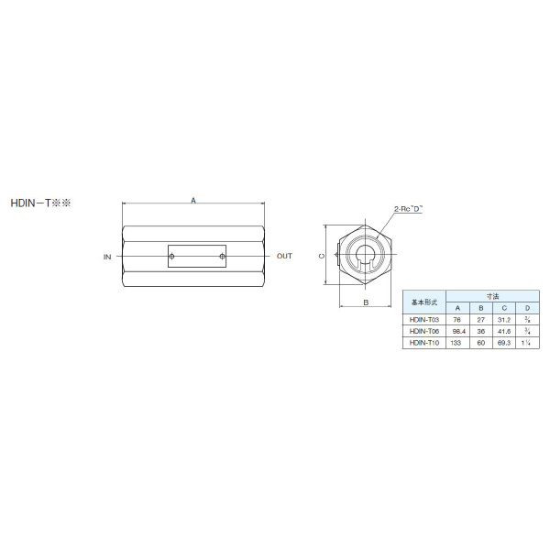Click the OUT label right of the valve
(x=285, y=258)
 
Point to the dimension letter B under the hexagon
(x=365, y=301)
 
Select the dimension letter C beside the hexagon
(x=321, y=258)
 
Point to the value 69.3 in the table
(x=503, y=342)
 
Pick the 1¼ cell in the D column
(x=527, y=342)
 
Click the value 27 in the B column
(x=480, y=319)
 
